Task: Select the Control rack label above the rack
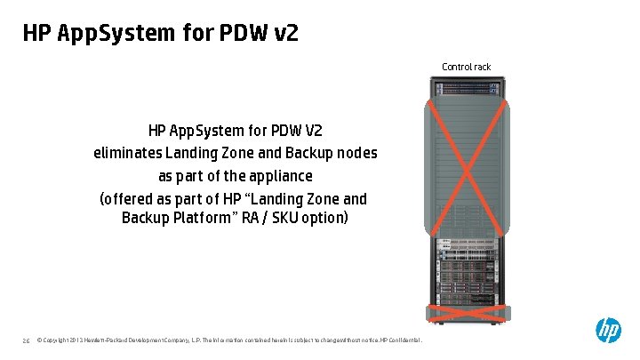coord(466,67)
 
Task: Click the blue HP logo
coord(608,331)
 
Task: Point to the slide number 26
coord(27,340)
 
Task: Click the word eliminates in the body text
coord(129,153)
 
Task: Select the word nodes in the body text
coord(356,153)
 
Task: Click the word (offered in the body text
coord(129,198)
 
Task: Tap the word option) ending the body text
coord(324,218)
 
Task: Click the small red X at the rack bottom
coord(467,310)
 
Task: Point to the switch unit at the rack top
coord(467,89)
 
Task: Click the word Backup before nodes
coord(312,153)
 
